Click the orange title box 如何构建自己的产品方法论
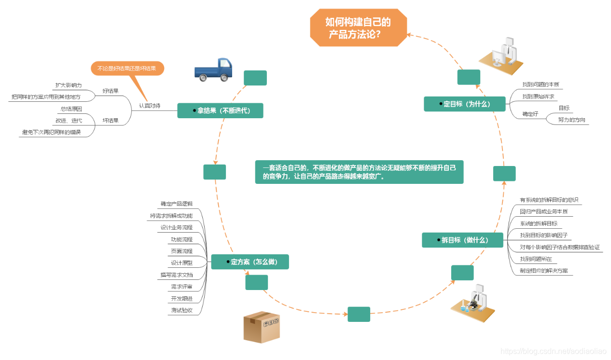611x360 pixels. click(358, 28)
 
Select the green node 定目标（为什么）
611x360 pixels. click(464, 104)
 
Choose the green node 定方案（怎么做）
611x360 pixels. click(250, 262)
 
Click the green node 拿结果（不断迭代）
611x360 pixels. click(221, 111)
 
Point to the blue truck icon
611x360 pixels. click(213, 69)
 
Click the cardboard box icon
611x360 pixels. click(262, 327)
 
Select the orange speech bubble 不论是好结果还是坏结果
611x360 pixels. click(127, 69)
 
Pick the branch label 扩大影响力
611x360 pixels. click(68, 85)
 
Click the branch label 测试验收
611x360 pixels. click(181, 310)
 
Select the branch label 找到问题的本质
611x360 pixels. click(541, 84)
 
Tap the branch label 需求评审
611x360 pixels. click(181, 287)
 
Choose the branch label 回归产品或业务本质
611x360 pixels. click(543, 211)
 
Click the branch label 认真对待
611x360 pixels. click(150, 105)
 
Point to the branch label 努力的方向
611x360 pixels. click(572, 120)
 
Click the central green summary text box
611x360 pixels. click(359, 172)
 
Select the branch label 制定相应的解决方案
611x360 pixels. click(543, 271)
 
